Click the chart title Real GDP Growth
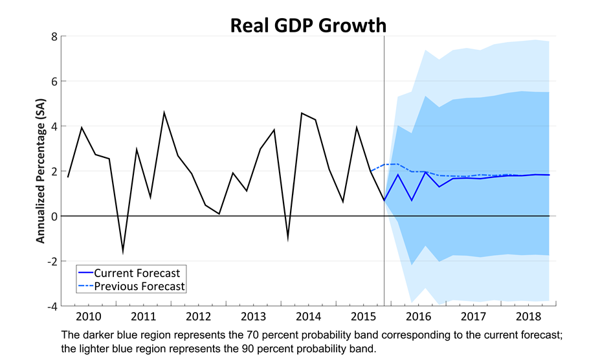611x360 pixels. [x=308, y=25]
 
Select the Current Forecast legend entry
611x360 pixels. [x=137, y=273]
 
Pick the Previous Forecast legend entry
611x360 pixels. [x=139, y=286]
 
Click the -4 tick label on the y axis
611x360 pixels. [x=52, y=306]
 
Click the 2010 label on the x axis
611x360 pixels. [x=88, y=317]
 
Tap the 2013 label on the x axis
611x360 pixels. [x=254, y=317]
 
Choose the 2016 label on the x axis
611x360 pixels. [x=419, y=317]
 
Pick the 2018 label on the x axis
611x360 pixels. [x=529, y=317]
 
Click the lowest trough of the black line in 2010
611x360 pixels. [x=123, y=252]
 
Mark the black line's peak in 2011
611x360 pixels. [x=164, y=113]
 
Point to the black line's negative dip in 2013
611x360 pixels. [x=288, y=238]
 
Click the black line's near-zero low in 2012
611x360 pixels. [x=219, y=214]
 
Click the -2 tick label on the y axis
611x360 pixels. [x=52, y=261]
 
